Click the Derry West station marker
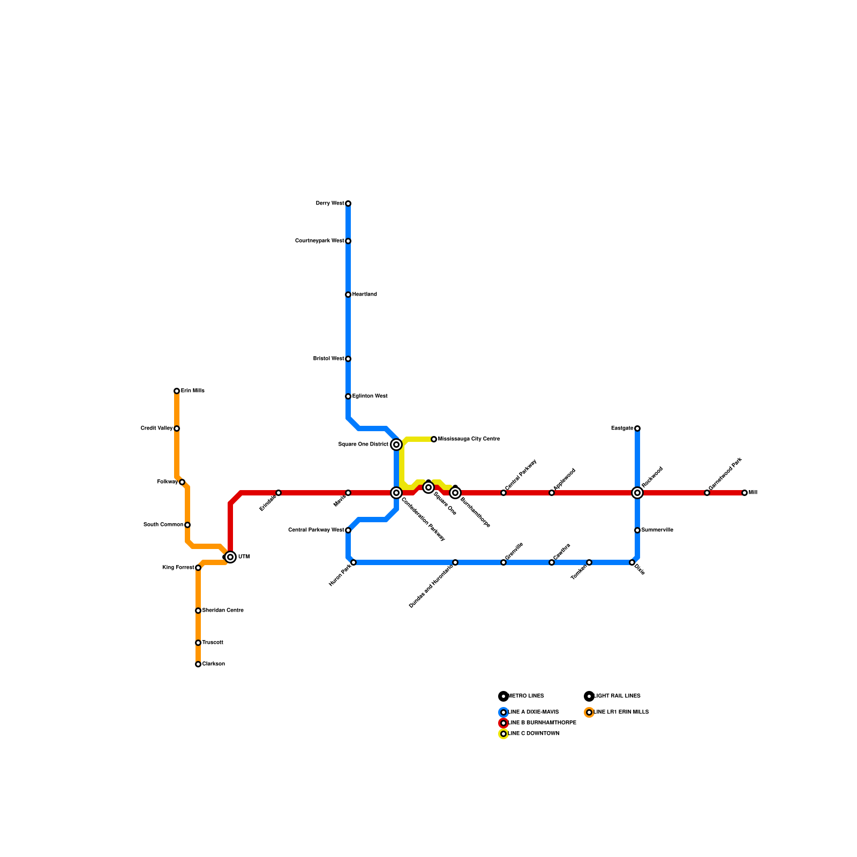pyautogui.click(x=348, y=204)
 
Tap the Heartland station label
pyautogui.click(x=364, y=295)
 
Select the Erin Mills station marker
pyautogui.click(x=177, y=391)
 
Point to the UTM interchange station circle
pyautogui.click(x=230, y=557)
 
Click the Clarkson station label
pyautogui.click(x=213, y=664)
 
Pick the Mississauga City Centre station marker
pyautogui.click(x=434, y=439)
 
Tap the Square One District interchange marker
pyautogui.click(x=396, y=445)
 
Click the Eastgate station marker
pyautogui.click(x=637, y=428)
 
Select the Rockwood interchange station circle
pyautogui.click(x=637, y=493)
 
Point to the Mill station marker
pyautogui.click(x=745, y=493)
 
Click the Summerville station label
pyautogui.click(x=657, y=530)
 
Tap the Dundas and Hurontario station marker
pyautogui.click(x=455, y=562)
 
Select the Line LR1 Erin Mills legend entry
pyautogui.click(x=621, y=712)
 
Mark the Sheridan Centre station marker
pyautogui.click(x=198, y=611)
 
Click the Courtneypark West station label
pyautogui.click(x=320, y=241)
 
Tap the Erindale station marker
pyautogui.click(x=279, y=493)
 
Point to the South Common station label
pyautogui.click(x=163, y=525)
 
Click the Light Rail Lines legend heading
pyautogui.click(x=617, y=696)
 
